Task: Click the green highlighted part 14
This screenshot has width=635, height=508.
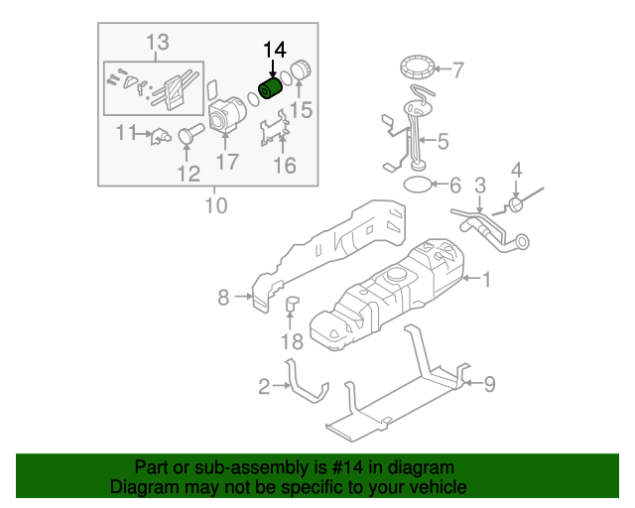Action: click(271, 88)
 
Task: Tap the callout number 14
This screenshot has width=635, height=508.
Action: click(273, 50)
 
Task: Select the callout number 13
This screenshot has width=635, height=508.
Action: click(158, 43)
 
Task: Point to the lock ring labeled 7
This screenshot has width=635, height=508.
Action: click(418, 69)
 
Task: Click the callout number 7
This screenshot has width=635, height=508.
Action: click(457, 70)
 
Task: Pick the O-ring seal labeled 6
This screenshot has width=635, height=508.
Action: click(419, 184)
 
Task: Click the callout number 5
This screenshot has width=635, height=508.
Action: click(443, 142)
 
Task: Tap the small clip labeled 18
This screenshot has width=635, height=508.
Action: click(293, 304)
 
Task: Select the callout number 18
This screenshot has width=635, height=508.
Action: click(291, 342)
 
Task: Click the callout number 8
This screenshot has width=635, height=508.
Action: click(224, 296)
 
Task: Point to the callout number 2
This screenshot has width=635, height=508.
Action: click(264, 387)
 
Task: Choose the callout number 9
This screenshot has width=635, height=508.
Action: click(488, 383)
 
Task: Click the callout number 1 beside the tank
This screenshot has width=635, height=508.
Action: click(486, 281)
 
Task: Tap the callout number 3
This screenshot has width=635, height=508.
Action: click(479, 186)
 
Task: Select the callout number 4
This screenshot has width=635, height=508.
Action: click(516, 173)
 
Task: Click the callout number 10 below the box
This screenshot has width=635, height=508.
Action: click(215, 206)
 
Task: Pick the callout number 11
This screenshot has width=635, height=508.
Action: click(126, 132)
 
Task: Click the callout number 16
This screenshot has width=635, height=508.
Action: click(285, 166)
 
